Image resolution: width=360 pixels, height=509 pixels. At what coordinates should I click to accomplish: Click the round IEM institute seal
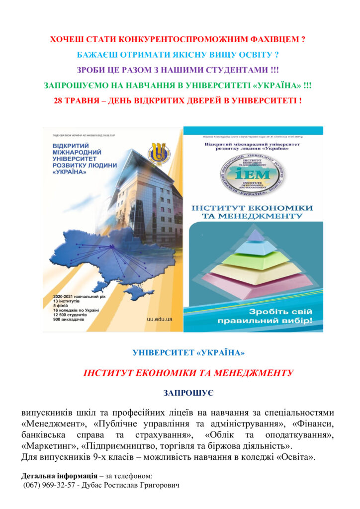(x=254, y=174)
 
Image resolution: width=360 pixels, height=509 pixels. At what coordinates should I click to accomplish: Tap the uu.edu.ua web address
(x=160, y=319)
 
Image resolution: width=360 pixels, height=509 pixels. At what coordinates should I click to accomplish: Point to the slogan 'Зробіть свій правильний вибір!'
(x=253, y=315)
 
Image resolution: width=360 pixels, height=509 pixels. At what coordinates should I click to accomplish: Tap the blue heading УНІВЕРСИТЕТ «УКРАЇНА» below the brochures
(x=188, y=353)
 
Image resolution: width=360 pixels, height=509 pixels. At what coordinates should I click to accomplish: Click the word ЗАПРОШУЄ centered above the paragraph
(x=188, y=393)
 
